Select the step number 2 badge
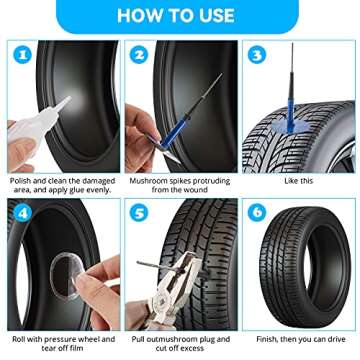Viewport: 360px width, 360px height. click(x=140, y=56)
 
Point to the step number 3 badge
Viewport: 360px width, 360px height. click(x=257, y=56)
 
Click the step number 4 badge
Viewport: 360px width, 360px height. click(x=21, y=214)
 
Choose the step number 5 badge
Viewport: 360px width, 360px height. click(x=140, y=214)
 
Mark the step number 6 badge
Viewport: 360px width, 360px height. click(x=257, y=214)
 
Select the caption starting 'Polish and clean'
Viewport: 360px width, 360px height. click(x=63, y=186)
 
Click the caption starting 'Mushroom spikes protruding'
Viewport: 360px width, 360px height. click(x=179, y=186)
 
